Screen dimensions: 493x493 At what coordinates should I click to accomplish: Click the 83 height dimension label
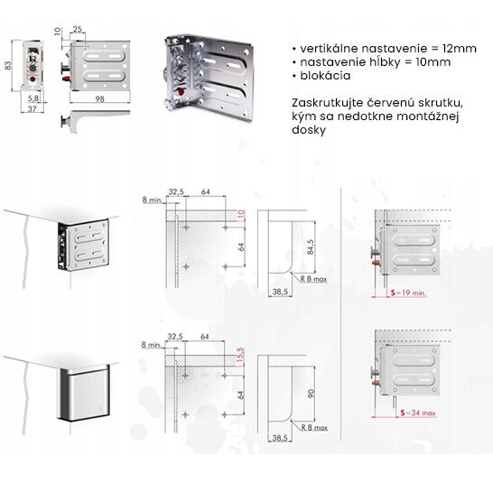click(8, 65)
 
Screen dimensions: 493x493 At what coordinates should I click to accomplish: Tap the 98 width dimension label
click(99, 98)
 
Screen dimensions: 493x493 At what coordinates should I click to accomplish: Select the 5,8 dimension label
click(33, 98)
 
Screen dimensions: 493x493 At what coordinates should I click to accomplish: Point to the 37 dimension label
click(33, 108)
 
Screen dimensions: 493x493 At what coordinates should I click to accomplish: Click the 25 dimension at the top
click(78, 29)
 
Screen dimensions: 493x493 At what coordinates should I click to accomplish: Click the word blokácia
click(325, 76)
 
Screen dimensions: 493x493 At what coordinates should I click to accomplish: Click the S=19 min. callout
click(408, 293)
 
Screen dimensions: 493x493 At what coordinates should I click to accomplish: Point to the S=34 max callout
click(418, 413)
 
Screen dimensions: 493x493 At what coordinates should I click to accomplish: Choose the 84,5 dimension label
click(310, 247)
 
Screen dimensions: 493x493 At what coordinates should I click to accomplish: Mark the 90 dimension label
click(311, 394)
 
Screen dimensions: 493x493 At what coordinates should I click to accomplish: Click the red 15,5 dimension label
click(240, 355)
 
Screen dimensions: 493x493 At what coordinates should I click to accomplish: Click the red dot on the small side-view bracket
click(33, 79)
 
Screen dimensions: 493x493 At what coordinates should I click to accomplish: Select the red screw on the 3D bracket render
click(181, 91)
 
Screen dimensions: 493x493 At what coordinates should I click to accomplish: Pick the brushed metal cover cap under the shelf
click(84, 393)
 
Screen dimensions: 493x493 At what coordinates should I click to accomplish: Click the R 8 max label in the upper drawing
click(313, 279)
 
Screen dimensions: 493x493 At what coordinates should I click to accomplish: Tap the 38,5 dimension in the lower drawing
click(280, 438)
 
